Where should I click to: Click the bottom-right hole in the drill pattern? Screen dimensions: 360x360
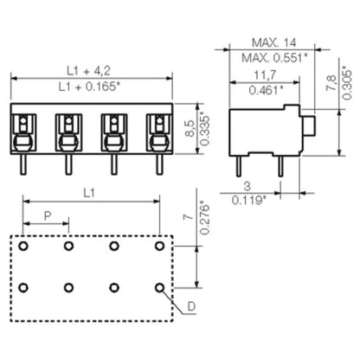pyautogui.click(x=159, y=286)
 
